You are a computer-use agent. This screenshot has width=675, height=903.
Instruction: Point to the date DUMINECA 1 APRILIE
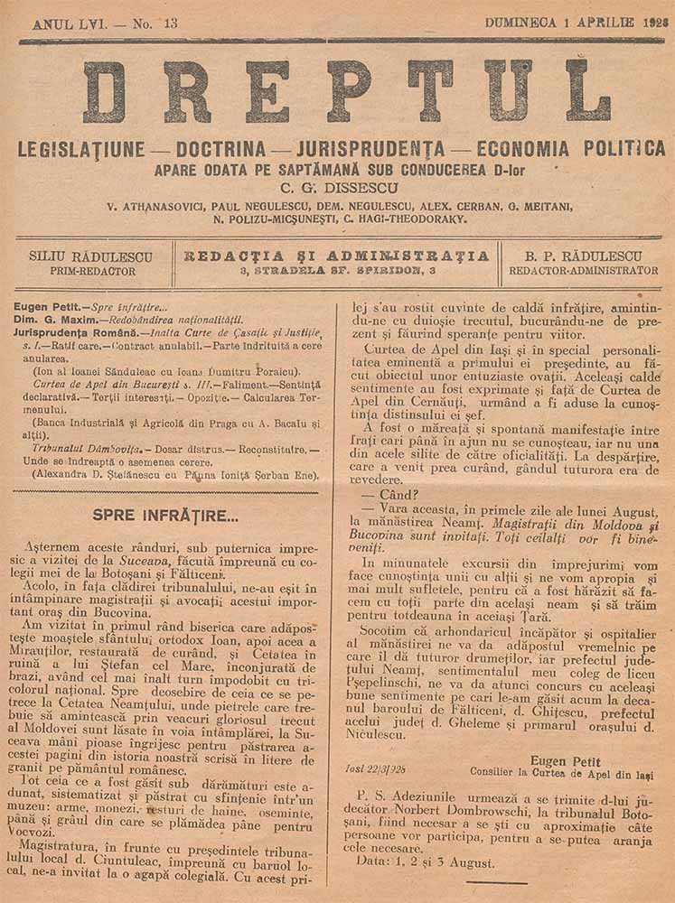(559, 23)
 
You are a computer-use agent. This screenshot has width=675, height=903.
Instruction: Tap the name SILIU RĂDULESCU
(90, 256)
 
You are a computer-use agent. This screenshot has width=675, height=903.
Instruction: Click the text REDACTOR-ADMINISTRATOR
(583, 270)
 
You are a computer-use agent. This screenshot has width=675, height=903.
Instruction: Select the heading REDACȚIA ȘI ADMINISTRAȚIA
(336, 256)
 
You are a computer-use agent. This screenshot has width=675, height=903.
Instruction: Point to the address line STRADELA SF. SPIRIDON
(336, 270)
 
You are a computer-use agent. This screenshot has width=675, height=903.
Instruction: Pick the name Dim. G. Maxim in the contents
(55, 320)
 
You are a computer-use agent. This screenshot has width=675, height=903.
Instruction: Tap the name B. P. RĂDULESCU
(583, 256)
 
